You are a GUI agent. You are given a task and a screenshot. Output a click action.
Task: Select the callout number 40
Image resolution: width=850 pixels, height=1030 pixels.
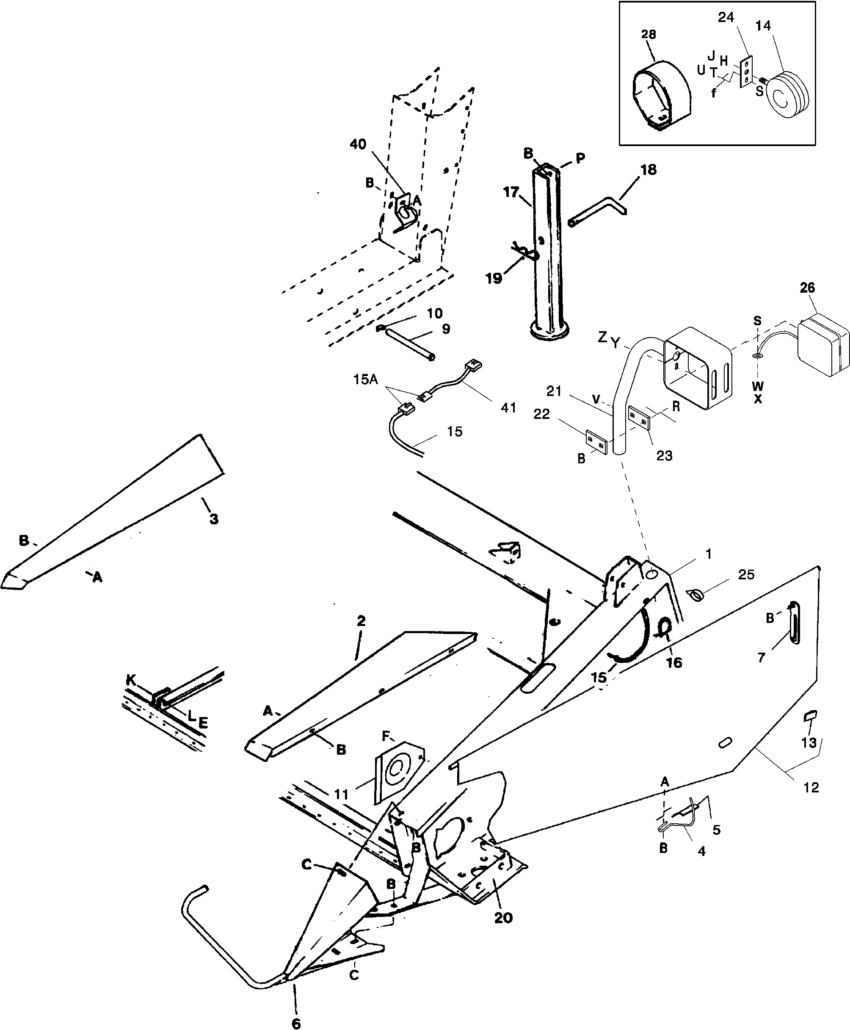pyautogui.click(x=358, y=144)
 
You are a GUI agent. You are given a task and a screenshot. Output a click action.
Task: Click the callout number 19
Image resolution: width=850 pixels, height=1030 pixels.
pyautogui.click(x=494, y=278)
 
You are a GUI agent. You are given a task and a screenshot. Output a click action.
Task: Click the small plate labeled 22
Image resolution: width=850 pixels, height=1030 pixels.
pyautogui.click(x=596, y=441)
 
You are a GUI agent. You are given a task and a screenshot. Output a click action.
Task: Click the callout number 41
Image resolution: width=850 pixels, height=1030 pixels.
pyautogui.click(x=509, y=407)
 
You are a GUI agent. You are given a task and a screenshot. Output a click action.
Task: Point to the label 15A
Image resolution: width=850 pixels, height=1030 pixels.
pyautogui.click(x=366, y=379)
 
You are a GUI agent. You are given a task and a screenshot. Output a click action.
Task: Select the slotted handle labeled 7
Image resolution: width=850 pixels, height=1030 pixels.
pyautogui.click(x=794, y=623)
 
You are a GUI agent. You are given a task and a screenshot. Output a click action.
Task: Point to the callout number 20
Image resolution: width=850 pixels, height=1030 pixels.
pyautogui.click(x=503, y=917)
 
